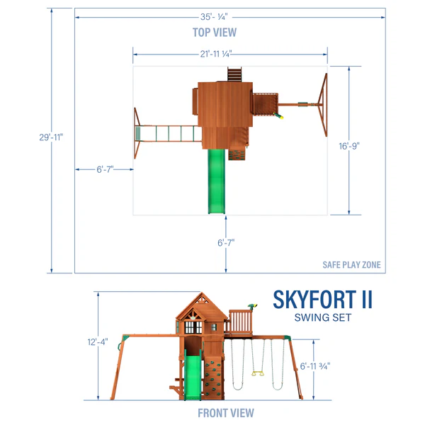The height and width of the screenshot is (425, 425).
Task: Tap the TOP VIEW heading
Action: coord(215,33)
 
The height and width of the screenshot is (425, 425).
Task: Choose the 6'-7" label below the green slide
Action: coord(226,242)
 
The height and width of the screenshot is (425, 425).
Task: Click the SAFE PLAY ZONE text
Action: coord(351,265)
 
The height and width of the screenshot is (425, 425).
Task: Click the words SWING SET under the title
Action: coord(323,318)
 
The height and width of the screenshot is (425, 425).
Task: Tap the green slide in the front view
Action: coord(191,375)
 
